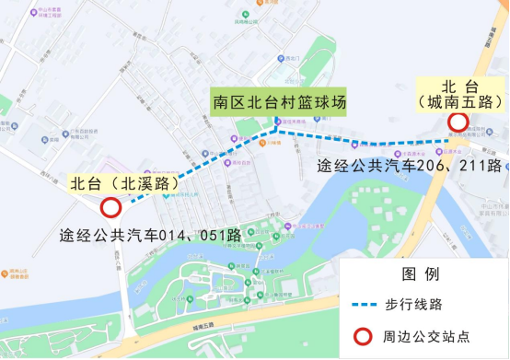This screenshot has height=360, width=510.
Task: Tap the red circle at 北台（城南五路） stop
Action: point(458,122)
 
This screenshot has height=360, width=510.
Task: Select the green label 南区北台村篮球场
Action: point(279,101)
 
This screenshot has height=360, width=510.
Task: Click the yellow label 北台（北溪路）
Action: point(123,184)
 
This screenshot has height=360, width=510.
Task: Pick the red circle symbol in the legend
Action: point(365,335)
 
